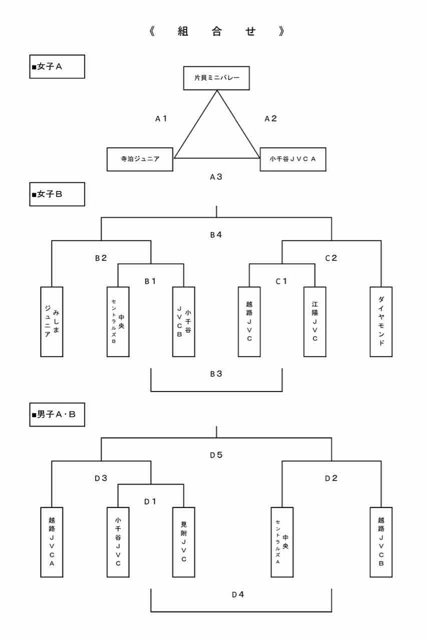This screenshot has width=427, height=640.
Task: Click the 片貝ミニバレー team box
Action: (216, 78)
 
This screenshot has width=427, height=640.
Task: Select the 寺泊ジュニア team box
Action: (140, 159)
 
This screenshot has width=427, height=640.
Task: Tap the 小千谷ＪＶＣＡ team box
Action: (293, 159)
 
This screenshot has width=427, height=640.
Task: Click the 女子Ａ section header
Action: (57, 67)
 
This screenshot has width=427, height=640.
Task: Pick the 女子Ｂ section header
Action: (57, 194)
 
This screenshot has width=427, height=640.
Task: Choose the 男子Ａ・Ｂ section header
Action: (57, 414)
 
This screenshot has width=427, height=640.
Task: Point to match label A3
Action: (216, 176)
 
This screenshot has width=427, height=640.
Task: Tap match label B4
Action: (216, 234)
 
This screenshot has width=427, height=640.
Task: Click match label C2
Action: (331, 258)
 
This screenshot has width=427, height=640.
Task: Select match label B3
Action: (216, 373)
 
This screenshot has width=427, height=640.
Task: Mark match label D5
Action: (216, 455)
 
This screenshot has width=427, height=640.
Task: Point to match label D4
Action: (238, 594)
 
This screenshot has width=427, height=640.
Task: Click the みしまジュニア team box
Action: (52, 321)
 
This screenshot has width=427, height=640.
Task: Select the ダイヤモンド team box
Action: (381, 321)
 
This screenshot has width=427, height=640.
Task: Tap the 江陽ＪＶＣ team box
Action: (315, 321)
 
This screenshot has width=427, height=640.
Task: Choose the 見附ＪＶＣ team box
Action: (184, 542)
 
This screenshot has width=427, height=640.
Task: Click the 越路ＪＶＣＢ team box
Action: (381, 542)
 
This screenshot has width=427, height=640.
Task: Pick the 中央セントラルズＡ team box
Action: (282, 542)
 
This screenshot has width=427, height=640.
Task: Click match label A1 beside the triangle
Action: (161, 119)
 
